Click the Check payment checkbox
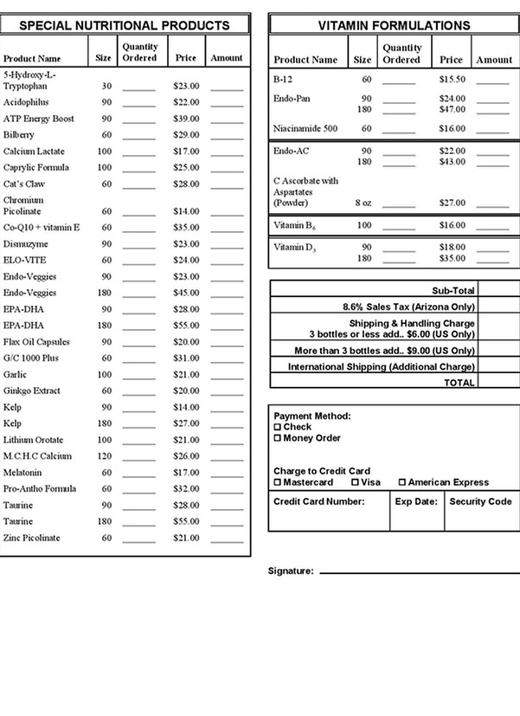tap(278, 428)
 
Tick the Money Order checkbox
tap(278, 438)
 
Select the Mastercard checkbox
tap(278, 482)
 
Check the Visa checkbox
tap(355, 482)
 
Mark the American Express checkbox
tap(401, 482)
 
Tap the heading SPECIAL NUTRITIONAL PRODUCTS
tap(125, 26)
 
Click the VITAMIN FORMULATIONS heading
tap(394, 26)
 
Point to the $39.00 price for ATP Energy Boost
tap(185, 119)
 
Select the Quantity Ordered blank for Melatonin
tap(138, 474)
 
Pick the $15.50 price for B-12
tap(451, 79)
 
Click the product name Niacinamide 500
tap(305, 128)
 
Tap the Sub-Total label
tap(453, 291)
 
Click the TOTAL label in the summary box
tap(459, 382)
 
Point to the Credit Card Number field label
tap(318, 501)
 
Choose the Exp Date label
tap(416, 501)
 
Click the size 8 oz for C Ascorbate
tap(363, 203)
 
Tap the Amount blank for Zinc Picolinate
tap(227, 539)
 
